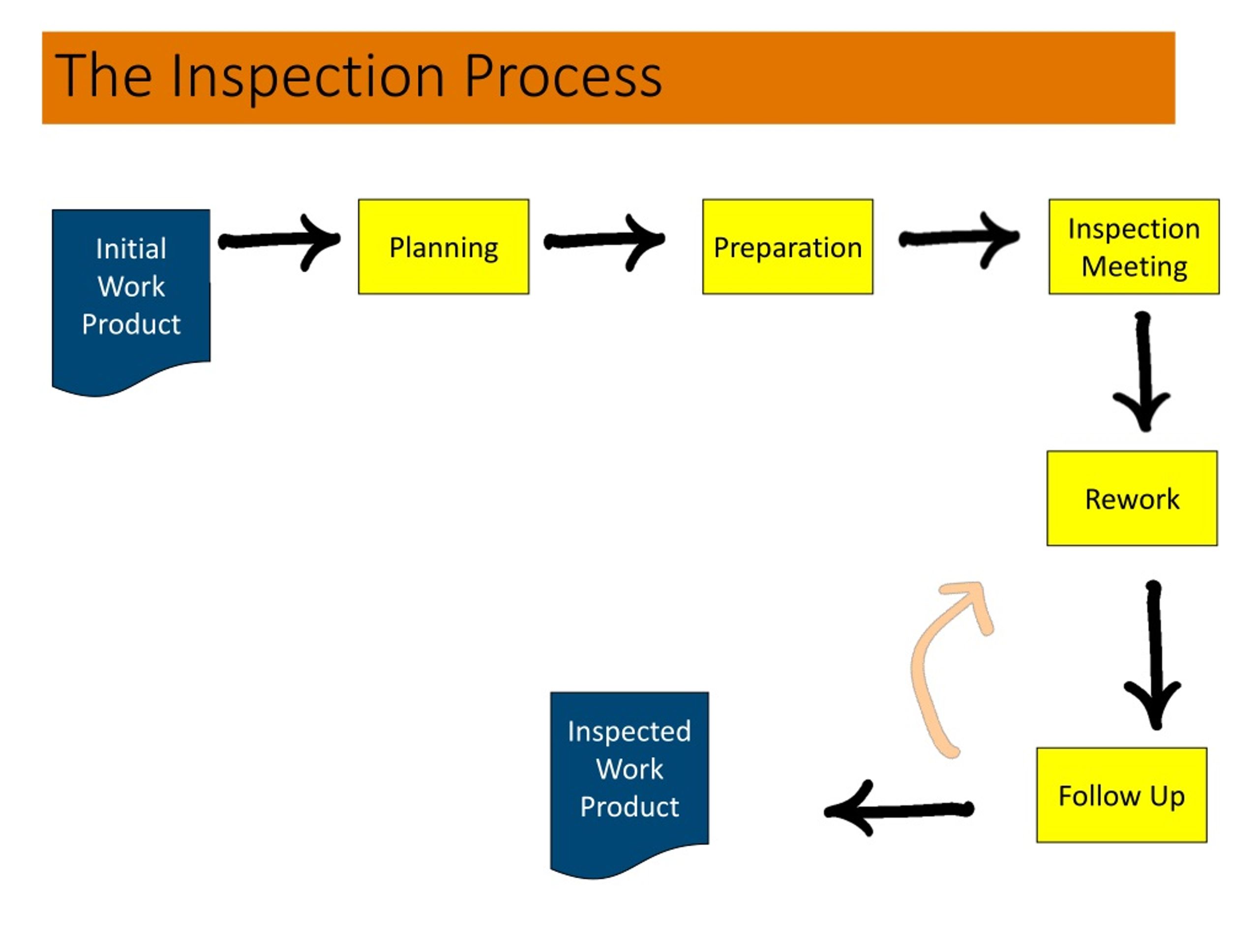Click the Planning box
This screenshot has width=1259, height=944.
(x=444, y=246)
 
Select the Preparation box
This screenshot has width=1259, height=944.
(x=788, y=246)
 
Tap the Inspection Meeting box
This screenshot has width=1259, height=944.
(x=1134, y=246)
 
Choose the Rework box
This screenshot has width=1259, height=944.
(x=1132, y=499)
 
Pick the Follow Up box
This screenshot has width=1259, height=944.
(x=1122, y=795)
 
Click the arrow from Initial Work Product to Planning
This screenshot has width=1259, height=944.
(x=279, y=241)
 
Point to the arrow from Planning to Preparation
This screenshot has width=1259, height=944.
(x=604, y=241)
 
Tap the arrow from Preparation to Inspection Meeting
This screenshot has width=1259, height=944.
(x=959, y=238)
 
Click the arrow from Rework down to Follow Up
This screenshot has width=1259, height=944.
(x=1154, y=654)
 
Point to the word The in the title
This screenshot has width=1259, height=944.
(x=104, y=76)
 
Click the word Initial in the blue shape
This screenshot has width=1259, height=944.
(x=131, y=249)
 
